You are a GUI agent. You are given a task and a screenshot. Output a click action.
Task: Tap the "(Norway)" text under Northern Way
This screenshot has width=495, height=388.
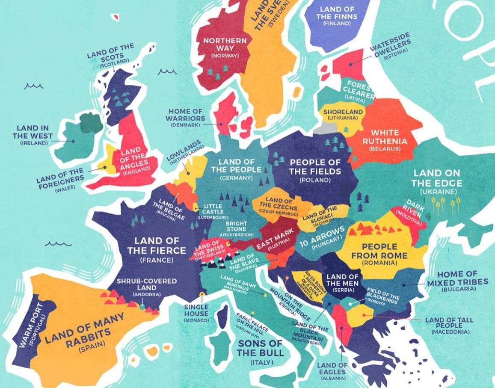225,56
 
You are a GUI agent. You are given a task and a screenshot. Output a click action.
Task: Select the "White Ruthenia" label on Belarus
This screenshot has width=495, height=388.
385,137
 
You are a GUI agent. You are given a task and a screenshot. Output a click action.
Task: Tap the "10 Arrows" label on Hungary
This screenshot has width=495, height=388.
321,240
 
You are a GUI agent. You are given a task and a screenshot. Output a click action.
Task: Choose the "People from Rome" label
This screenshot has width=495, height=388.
379,251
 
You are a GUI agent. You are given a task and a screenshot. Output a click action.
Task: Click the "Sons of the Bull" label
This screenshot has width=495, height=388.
261,348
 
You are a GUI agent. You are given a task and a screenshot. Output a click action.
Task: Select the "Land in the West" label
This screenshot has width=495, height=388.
33,132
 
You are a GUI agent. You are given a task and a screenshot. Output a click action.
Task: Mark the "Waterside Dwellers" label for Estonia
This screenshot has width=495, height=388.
390,44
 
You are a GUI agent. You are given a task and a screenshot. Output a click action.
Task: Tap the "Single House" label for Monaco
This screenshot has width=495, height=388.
197,310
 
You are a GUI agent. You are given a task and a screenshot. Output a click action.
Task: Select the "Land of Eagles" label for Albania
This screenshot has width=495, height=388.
332,368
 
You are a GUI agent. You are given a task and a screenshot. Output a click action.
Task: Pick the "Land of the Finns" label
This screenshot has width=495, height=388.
337,13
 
